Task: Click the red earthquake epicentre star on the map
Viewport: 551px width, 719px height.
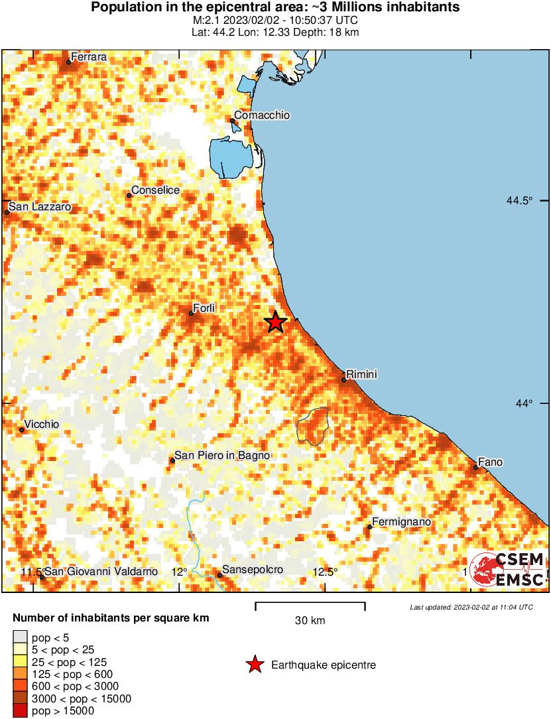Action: pyautogui.click(x=276, y=322)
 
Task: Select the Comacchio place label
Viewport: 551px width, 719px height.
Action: pyautogui.click(x=262, y=115)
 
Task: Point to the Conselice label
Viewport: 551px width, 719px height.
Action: pyautogui.click(x=155, y=190)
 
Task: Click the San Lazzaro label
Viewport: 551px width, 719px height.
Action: pyautogui.click(x=39, y=207)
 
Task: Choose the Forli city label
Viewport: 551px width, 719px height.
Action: pyautogui.click(x=204, y=308)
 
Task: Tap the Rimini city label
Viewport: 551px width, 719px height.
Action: pyautogui.click(x=362, y=375)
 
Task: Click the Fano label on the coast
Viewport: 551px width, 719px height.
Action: pyautogui.click(x=490, y=462)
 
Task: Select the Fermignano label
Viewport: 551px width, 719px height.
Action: pyautogui.click(x=401, y=522)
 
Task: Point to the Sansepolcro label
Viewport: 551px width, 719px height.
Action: pyautogui.click(x=253, y=570)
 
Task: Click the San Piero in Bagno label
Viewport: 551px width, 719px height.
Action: pyautogui.click(x=222, y=455)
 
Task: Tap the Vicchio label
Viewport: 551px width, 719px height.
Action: pyautogui.click(x=41, y=425)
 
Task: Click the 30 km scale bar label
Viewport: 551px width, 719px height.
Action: pyautogui.click(x=310, y=621)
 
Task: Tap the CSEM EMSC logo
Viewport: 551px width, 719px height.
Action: pyautogui.click(x=508, y=570)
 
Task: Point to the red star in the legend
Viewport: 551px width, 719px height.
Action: pyautogui.click(x=255, y=664)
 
